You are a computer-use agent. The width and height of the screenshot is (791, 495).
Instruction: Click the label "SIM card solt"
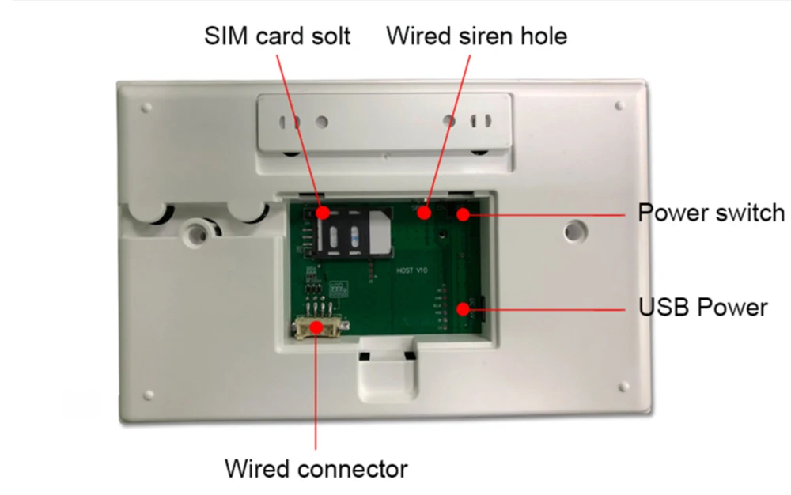(x=277, y=36)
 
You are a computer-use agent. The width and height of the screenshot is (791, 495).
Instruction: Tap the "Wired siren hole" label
(x=476, y=36)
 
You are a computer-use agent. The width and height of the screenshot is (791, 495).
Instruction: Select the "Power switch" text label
(x=711, y=213)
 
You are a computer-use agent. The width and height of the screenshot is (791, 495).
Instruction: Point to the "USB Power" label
(x=702, y=307)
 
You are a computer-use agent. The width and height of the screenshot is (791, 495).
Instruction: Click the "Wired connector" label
(x=316, y=468)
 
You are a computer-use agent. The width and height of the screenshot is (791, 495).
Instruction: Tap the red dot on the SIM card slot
(x=323, y=213)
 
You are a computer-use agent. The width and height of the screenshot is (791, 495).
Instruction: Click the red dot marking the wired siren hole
(x=425, y=212)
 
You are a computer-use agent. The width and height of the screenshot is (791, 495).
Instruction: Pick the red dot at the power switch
(x=462, y=213)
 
